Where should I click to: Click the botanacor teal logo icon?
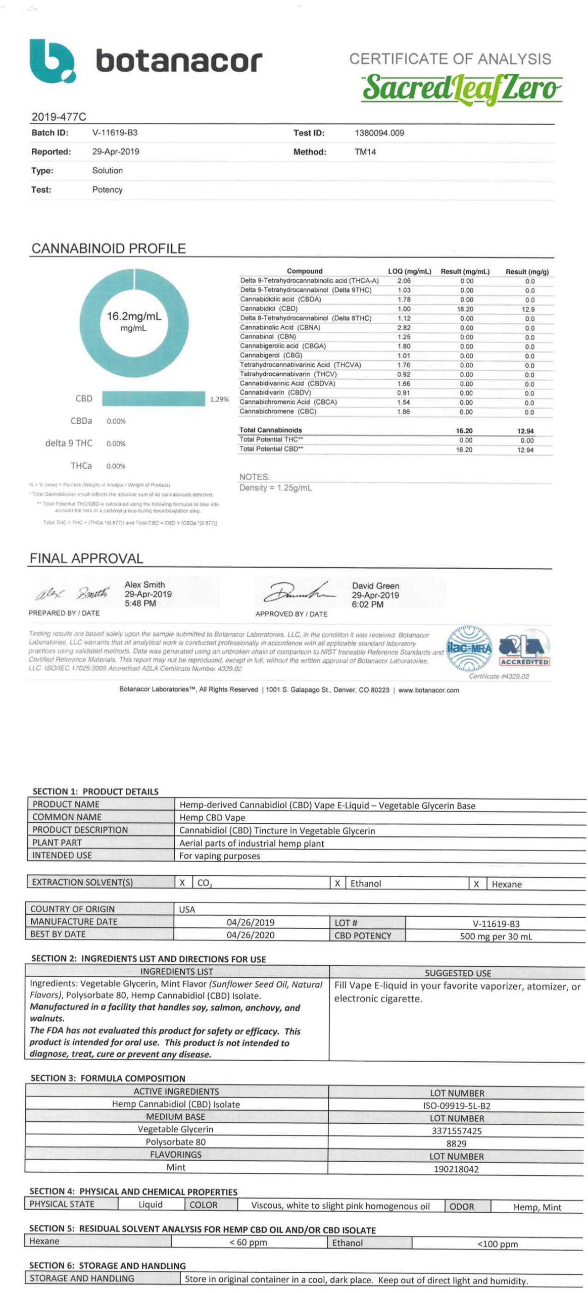[x=52, y=61]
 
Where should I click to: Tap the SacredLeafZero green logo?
[x=461, y=88]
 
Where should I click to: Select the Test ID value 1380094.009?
[x=379, y=133]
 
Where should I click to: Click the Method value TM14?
[x=365, y=152]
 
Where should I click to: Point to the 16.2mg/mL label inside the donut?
[x=134, y=316]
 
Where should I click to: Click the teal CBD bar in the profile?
[x=154, y=399]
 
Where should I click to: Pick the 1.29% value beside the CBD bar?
[x=219, y=400]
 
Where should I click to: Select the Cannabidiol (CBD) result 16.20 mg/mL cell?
[x=465, y=309]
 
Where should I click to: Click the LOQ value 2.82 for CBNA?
[x=404, y=328]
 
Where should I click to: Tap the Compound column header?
[x=304, y=271]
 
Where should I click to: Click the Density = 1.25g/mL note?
[x=275, y=488]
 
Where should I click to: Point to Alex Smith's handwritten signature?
[x=72, y=594]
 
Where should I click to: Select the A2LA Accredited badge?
[x=524, y=650]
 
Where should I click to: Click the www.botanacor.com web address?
[x=428, y=690]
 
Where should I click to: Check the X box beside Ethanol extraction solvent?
[x=337, y=883]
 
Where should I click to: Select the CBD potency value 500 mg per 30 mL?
[x=496, y=936]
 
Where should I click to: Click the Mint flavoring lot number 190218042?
[x=456, y=1169]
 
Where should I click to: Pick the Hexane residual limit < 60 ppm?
[x=248, y=1242]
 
